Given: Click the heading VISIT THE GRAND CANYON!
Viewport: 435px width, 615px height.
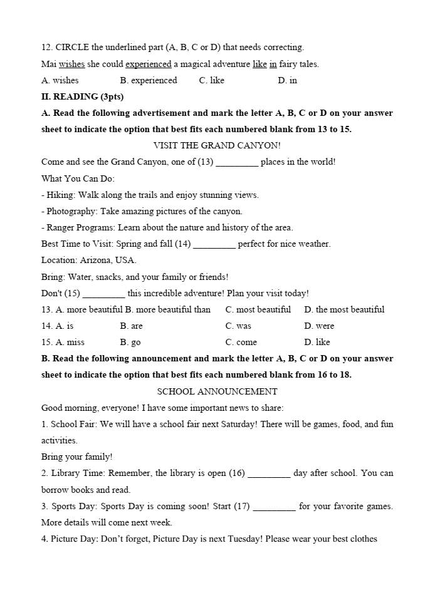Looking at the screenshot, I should coord(217,145).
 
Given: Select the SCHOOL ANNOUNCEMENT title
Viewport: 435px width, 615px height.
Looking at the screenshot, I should coord(217,391).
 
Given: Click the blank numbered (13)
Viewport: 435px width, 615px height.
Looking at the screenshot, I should coord(237,162).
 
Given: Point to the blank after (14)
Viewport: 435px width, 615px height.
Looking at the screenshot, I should coord(214,244).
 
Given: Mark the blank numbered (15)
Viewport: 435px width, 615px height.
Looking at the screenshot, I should coord(103,294).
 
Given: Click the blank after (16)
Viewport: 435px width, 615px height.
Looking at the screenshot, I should coord(269,473).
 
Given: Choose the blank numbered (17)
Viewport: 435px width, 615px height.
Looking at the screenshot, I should coord(274,506).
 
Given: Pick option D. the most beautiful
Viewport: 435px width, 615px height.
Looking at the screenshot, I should coord(344,309).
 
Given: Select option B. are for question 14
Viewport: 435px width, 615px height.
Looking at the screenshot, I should coord(131,326).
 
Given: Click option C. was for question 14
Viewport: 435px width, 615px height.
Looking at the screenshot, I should coord(238,326).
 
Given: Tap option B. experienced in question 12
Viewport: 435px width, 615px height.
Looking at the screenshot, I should coord(149,80).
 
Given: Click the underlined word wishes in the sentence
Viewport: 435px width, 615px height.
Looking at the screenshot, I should coord(72,64).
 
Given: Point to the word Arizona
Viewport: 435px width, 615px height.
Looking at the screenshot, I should coord(96,260).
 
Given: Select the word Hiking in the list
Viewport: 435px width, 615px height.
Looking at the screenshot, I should coord(60,195).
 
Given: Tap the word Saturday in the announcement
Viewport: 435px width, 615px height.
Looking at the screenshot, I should coord(238,424).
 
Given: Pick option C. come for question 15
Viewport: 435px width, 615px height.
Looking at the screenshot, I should coord(241,342).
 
